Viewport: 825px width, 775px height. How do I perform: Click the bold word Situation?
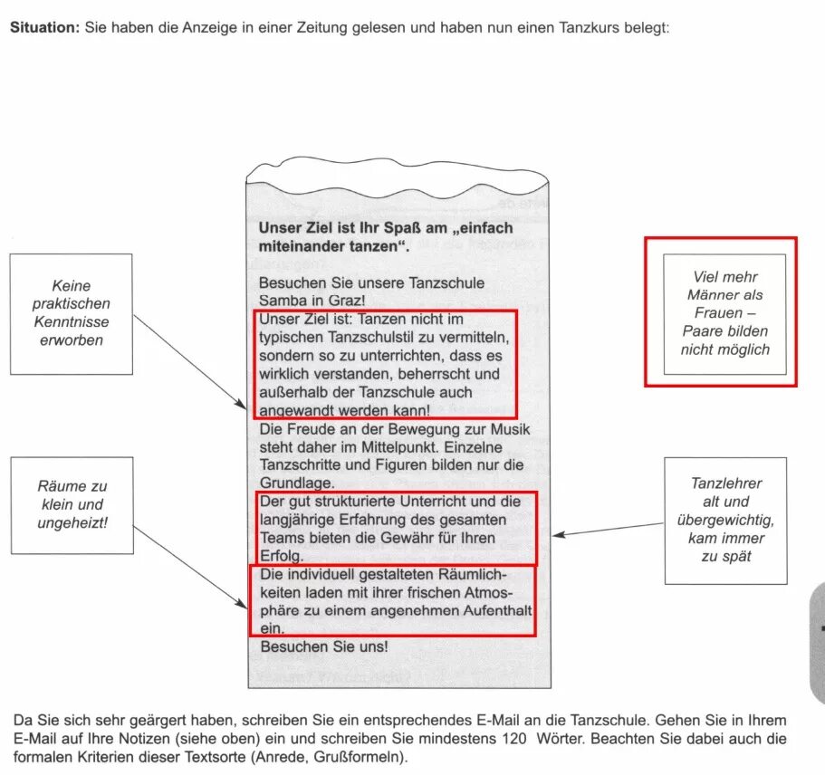pos(43,27)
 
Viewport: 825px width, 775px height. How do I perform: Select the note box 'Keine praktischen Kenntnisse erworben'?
pos(71,313)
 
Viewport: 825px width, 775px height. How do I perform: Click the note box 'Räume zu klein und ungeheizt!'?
pos(72,504)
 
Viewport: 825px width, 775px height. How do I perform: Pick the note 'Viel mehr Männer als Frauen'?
pos(724,313)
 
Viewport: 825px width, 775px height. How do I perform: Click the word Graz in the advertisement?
pos(348,300)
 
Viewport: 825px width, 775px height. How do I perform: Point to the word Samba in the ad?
pos(280,300)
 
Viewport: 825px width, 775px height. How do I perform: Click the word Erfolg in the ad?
pos(281,556)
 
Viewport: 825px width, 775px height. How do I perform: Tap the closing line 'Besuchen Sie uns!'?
pos(323,646)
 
